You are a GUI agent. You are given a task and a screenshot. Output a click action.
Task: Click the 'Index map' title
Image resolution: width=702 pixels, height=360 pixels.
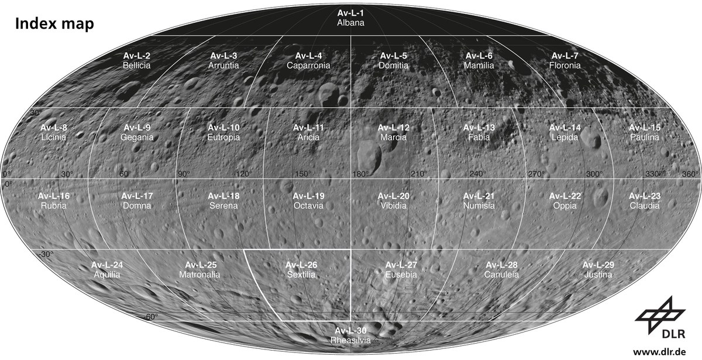click(54, 24)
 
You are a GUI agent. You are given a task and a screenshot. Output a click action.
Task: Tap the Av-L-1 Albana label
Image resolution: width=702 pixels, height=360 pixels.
click(351, 18)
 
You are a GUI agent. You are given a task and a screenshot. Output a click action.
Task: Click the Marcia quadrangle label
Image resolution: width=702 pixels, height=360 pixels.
click(394, 132)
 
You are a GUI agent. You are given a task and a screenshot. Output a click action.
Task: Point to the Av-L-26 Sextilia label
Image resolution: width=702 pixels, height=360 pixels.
click(302, 269)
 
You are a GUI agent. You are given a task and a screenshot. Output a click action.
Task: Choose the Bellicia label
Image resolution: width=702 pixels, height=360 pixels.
click(137, 61)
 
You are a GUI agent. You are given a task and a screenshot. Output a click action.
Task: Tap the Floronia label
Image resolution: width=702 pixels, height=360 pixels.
click(565, 61)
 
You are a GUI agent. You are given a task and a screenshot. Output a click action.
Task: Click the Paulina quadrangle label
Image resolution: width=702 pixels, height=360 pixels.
click(645, 132)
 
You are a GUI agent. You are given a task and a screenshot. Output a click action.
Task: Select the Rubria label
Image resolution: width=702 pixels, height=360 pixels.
click(54, 201)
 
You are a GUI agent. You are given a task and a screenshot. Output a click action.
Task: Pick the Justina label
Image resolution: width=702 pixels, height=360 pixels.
click(598, 269)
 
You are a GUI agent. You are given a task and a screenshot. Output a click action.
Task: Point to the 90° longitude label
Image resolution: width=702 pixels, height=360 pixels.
click(184, 174)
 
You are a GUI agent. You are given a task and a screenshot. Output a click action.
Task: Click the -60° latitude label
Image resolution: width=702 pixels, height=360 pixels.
click(151, 317)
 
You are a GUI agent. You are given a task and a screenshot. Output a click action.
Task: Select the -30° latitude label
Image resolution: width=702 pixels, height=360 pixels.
click(44, 254)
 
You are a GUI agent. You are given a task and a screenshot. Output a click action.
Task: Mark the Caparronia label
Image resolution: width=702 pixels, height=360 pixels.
click(308, 61)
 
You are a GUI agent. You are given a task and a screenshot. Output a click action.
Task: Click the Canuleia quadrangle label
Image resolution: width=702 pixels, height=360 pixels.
click(501, 269)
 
